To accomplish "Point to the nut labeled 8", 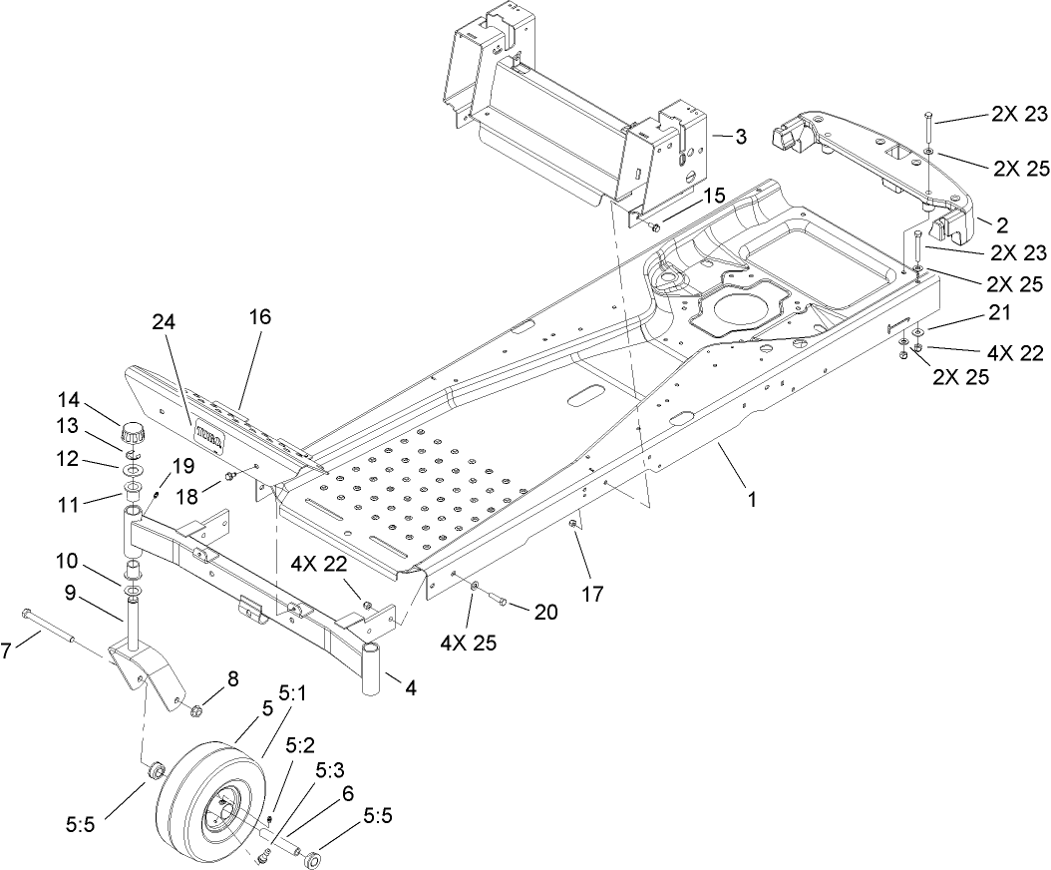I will [x=196, y=710].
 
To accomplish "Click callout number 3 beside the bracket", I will [x=740, y=138].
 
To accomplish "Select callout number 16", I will [x=258, y=316].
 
